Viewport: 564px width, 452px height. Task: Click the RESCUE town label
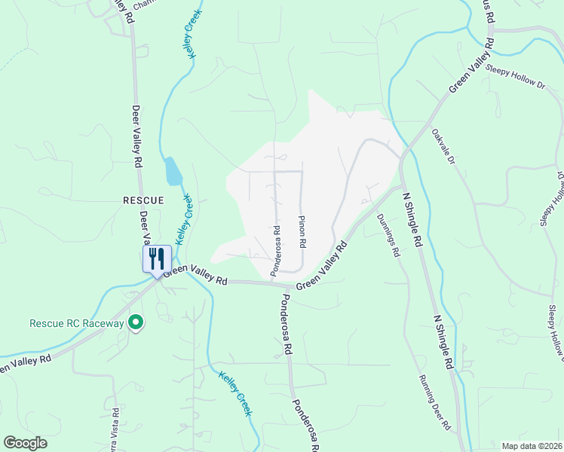pyautogui.click(x=143, y=200)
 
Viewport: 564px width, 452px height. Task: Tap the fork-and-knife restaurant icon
pyautogui.click(x=157, y=258)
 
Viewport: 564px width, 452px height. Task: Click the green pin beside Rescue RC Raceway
pyautogui.click(x=136, y=323)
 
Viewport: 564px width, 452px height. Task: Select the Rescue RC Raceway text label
pyautogui.click(x=75, y=323)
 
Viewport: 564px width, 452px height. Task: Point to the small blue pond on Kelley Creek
pyautogui.click(x=173, y=173)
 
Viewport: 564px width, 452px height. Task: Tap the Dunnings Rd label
pyautogui.click(x=385, y=236)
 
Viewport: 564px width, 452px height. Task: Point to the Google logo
pyautogui.click(x=25, y=443)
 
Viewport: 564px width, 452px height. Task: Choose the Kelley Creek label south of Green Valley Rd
pyautogui.click(x=235, y=393)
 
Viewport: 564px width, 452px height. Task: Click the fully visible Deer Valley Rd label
pyautogui.click(x=138, y=136)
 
